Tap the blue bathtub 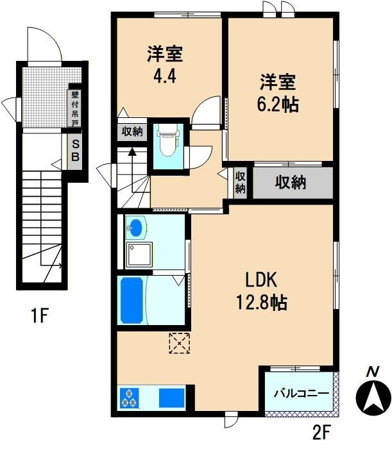(x=132, y=300)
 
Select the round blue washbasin (x=135, y=228)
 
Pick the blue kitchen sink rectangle (x=172, y=398)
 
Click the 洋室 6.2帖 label (x=278, y=93)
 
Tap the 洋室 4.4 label (x=165, y=65)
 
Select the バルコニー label (x=302, y=393)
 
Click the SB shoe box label (x=75, y=150)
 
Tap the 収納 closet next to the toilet (x=132, y=132)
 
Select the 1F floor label (x=39, y=315)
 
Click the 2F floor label (x=321, y=431)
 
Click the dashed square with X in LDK (x=180, y=343)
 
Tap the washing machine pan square (x=139, y=255)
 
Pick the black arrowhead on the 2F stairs (x=132, y=151)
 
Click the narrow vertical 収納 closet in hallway (x=240, y=183)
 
